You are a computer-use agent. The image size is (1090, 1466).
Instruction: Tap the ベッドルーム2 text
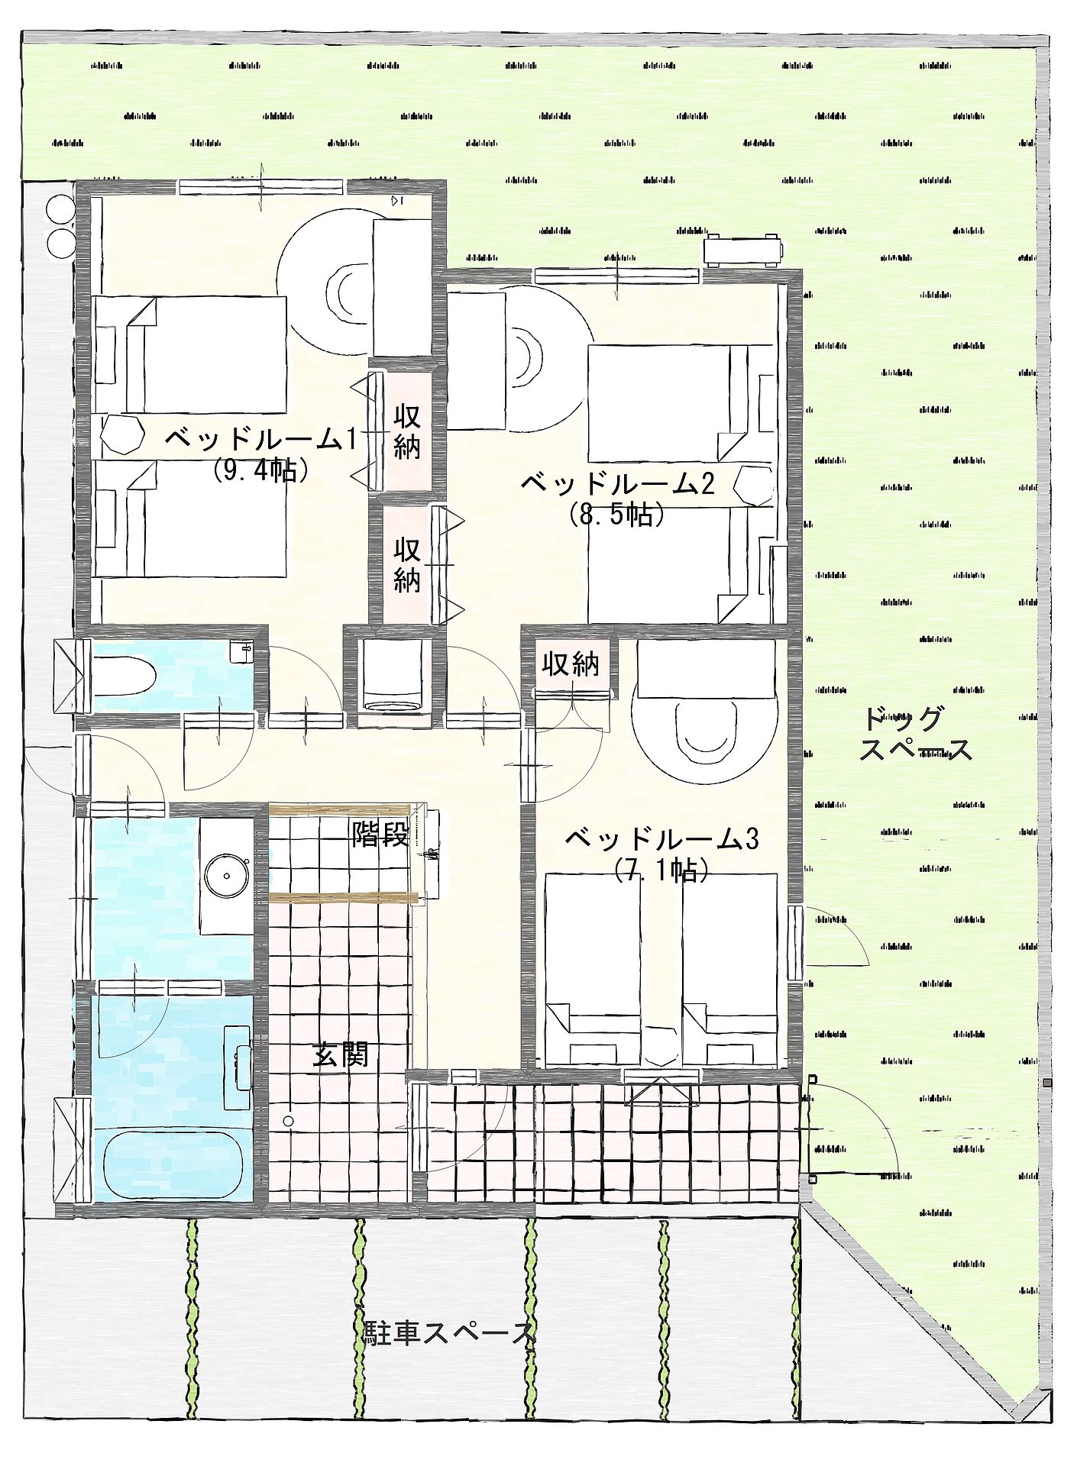tap(617, 483)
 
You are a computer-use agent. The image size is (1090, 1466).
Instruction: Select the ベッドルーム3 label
tap(661, 840)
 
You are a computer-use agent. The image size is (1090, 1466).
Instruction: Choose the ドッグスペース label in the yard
tap(916, 734)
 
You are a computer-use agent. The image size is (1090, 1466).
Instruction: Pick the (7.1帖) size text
tap(661, 870)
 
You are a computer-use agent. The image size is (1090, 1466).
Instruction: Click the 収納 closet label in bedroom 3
tap(571, 665)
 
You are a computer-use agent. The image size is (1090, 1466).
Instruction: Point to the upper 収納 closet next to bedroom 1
tap(407, 431)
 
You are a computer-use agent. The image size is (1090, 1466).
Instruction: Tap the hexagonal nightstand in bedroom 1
tap(122, 435)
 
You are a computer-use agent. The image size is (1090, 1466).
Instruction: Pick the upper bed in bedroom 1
tap(189, 355)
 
